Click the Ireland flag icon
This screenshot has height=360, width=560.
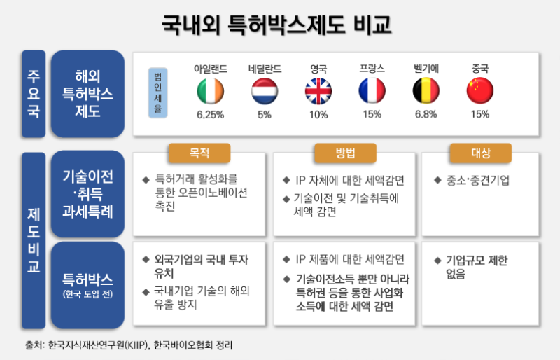[210, 91]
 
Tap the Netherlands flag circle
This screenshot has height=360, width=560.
[265, 91]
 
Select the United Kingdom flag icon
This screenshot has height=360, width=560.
[318, 91]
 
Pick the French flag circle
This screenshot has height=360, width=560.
[372, 91]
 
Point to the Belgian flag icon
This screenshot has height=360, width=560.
[426, 91]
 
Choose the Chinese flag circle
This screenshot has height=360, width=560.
[480, 91]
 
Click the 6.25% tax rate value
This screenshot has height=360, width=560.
[210, 114]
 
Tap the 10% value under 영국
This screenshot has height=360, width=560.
[318, 114]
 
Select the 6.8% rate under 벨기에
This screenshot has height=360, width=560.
[426, 114]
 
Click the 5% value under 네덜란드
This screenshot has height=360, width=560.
[265, 114]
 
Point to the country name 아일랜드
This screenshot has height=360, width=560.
[210, 69]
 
